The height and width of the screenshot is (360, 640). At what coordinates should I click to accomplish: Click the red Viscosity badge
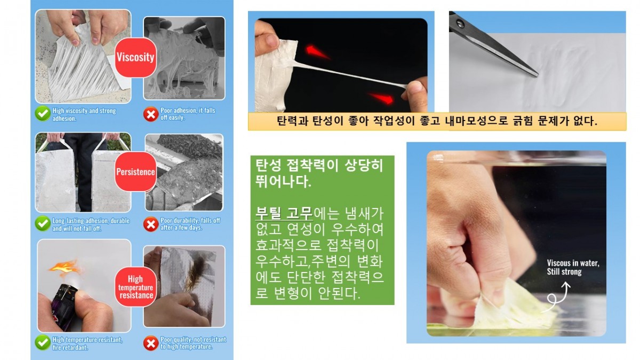(135, 57)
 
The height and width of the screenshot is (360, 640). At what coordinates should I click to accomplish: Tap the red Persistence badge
(135, 172)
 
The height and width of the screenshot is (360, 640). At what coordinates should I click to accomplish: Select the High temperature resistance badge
(135, 287)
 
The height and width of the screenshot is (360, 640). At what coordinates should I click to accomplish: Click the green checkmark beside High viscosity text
(43, 114)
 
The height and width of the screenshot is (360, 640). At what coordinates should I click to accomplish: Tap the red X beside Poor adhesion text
(151, 114)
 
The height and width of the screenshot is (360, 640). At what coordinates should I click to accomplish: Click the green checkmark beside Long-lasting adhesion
(43, 223)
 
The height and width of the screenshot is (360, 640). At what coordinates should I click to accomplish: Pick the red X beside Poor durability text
(151, 224)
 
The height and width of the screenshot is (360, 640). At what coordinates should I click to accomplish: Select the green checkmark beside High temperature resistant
(43, 342)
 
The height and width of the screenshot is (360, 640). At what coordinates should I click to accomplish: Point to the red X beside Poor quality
(151, 343)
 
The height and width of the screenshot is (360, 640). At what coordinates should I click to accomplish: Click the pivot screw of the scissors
(460, 23)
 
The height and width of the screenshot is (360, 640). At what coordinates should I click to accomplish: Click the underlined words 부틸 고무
(284, 213)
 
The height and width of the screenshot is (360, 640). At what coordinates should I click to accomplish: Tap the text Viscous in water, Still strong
(573, 267)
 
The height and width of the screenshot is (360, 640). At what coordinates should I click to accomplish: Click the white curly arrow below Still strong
(557, 297)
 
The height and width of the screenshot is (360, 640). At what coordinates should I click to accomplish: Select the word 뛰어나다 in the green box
(283, 181)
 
